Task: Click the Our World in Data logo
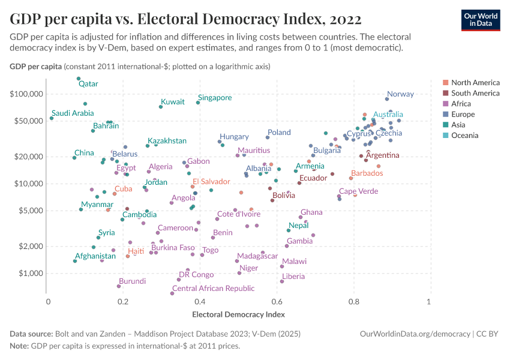480,20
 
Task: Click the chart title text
185,19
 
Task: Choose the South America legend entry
475,93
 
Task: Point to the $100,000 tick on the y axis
26,94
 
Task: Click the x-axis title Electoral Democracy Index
238,314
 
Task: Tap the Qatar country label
88,84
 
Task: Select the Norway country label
400,94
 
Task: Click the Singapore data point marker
198,103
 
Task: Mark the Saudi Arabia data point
52,118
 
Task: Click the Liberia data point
282,281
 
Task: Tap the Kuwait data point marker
161,107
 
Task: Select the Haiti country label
136,251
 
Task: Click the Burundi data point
119,286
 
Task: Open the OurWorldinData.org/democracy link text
415,334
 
